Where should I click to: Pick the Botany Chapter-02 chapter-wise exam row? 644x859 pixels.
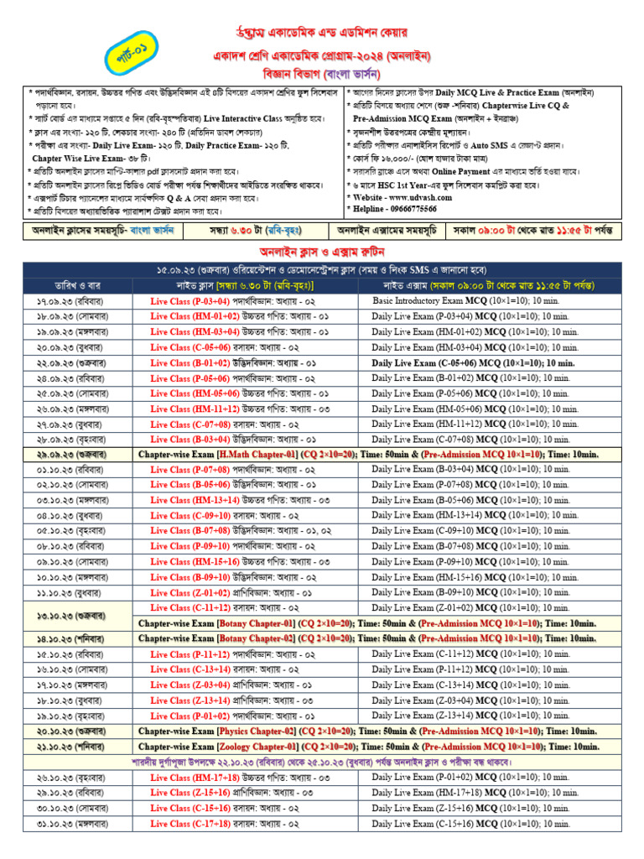(368, 638)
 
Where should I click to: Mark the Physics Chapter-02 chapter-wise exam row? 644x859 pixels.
(368, 731)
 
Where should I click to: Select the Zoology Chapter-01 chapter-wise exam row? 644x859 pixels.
(368, 746)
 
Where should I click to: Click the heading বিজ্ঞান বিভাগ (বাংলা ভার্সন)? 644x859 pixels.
(322, 73)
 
